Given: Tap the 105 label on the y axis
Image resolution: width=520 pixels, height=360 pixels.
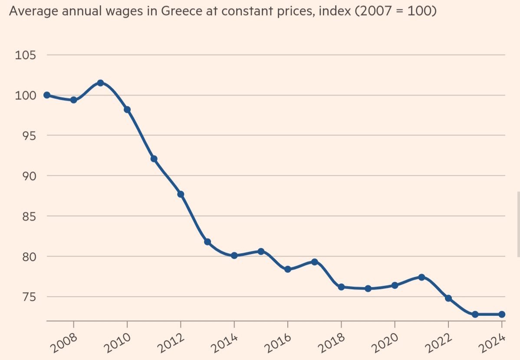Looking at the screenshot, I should point(25,56).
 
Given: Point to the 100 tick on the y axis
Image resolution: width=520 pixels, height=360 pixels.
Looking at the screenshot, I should point(25,96).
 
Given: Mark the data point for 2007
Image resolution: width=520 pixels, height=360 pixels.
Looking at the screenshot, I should point(47,95).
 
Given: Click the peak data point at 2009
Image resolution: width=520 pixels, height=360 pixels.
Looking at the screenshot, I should point(100,83).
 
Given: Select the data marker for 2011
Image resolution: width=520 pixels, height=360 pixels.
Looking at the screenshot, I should point(154,159).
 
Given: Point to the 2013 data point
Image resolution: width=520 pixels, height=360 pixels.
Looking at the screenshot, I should point(207,242).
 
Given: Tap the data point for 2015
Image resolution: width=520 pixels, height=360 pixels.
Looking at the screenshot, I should point(261,251).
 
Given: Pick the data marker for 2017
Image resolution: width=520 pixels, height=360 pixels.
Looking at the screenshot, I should point(315,262).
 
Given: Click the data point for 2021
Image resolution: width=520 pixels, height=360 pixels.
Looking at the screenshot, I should point(421,277).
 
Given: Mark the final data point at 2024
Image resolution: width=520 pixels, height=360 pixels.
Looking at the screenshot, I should point(502,314).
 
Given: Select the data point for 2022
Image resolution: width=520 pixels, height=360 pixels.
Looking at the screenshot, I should point(448,298).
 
